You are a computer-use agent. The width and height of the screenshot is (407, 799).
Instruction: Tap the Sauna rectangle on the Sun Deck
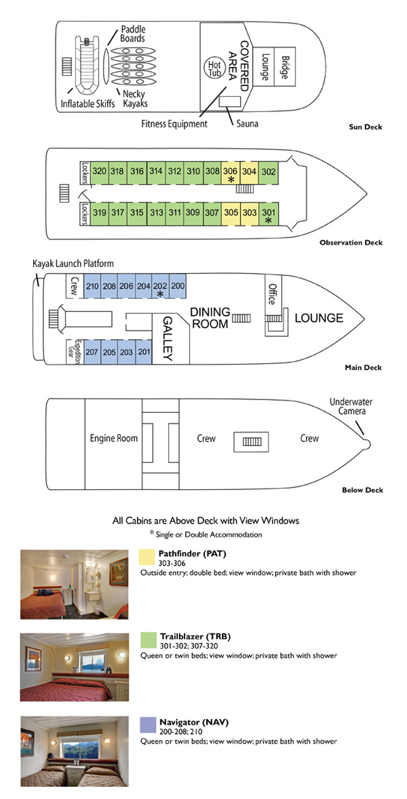[229, 102]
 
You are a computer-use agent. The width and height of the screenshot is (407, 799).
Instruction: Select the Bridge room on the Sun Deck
[285, 67]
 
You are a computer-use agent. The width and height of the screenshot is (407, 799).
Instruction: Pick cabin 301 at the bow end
[268, 215]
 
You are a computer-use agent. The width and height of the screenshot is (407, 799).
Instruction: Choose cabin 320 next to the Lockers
[100, 171]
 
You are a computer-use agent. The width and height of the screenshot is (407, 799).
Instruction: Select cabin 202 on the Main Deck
[160, 288]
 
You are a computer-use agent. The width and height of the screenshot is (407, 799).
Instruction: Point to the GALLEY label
[168, 339]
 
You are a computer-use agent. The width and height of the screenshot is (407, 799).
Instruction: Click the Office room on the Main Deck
[272, 293]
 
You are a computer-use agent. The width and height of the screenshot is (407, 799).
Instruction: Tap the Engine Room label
[113, 439]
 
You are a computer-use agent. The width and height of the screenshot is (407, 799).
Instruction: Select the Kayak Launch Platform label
[73, 264]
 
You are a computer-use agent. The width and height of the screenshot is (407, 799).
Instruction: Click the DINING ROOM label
[210, 318]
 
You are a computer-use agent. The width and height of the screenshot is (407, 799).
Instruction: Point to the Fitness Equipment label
[174, 124]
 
